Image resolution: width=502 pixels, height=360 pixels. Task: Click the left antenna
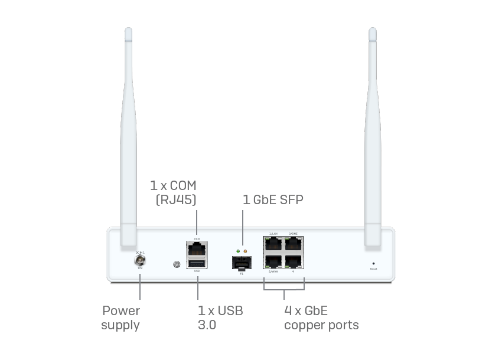coord(128,136)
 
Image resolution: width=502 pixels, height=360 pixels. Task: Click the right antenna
coord(373,136)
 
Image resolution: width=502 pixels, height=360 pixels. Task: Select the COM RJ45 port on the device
coord(197,248)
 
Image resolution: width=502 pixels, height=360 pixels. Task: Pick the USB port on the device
coord(197,263)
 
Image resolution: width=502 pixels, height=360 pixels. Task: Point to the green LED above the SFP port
coord(237,251)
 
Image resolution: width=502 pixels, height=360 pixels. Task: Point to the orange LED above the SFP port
coord(245,251)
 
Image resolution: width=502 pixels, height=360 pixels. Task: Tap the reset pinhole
coord(373,263)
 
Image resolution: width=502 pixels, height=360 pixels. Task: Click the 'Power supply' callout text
coord(121,318)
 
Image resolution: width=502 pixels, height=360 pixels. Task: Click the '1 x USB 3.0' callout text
coord(220,318)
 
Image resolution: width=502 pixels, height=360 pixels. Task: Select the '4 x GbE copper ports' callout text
coord(321,318)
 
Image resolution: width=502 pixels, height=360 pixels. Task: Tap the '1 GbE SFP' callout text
coord(273,199)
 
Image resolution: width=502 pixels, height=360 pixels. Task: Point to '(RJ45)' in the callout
coord(176,201)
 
